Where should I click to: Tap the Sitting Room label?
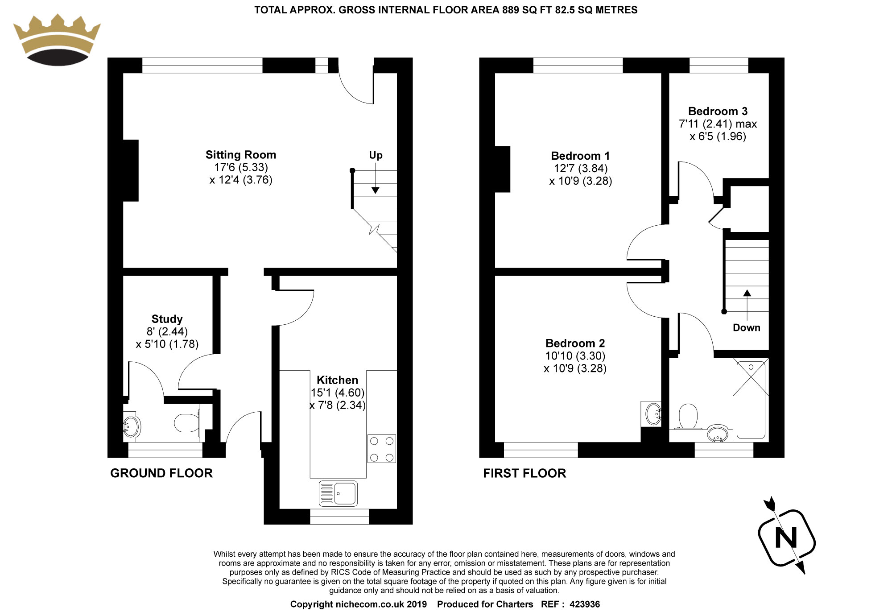click(241, 155)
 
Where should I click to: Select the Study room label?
click(167, 319)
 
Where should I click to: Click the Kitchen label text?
click(337, 380)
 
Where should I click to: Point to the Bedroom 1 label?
click(580, 156)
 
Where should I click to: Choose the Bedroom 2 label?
click(575, 343)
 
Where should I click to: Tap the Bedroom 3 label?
click(718, 111)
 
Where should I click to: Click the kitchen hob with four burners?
click(382, 449)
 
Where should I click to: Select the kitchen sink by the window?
click(339, 493)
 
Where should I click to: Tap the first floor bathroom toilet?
click(688, 417)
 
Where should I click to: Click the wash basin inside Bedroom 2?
click(652, 414)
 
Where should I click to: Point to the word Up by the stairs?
click(376, 155)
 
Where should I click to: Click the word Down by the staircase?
click(746, 327)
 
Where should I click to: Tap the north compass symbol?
click(786, 537)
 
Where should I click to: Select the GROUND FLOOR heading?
click(161, 473)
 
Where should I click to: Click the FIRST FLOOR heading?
click(524, 473)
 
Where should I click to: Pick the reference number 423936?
click(584, 604)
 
